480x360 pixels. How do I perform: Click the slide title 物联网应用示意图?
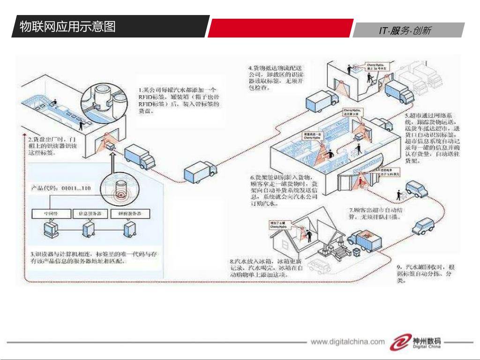[x=67, y=26]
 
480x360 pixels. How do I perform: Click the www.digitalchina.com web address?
[x=347, y=342]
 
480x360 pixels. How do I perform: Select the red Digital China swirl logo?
[x=399, y=342]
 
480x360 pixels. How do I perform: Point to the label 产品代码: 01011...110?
[x=60, y=188]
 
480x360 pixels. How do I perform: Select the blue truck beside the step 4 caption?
[x=322, y=99]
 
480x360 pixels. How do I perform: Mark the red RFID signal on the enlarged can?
[x=120, y=193]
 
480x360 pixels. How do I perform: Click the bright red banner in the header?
[x=280, y=28]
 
